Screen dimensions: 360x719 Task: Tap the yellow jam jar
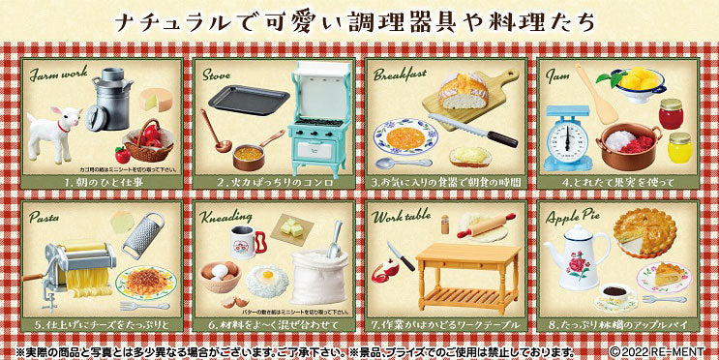tap(680, 147)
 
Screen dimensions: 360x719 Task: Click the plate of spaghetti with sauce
tap(144, 282)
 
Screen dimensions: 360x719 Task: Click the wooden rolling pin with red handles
tap(488, 226)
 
